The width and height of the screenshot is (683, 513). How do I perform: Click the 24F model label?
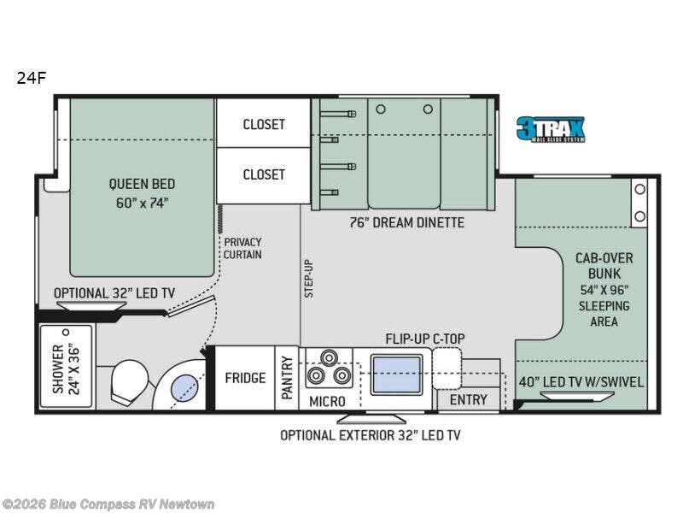coord(30,78)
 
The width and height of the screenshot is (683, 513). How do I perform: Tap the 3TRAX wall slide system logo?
coord(550,129)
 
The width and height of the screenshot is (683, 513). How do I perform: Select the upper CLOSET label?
coord(263,124)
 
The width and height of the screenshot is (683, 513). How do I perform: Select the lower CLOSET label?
coord(263,174)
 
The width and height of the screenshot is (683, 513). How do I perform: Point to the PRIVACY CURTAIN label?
coord(242,248)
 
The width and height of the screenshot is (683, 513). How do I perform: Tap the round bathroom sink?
coord(184,389)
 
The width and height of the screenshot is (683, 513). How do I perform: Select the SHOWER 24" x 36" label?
coord(65,369)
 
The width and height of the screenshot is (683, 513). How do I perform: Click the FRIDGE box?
coord(244,378)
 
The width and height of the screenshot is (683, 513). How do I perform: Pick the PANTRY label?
coord(287,378)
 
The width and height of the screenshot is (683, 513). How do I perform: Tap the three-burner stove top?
coord(328,369)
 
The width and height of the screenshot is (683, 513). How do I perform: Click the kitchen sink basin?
coord(397,374)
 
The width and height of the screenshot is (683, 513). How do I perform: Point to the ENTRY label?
coord(468,399)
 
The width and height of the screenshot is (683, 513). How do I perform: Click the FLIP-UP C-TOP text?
coord(424,339)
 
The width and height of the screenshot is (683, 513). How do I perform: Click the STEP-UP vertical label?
coord(309,278)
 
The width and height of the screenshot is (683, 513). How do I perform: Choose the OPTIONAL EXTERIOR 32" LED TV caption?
coord(370,435)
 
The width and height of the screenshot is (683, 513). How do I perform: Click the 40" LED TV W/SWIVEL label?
coord(581,381)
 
